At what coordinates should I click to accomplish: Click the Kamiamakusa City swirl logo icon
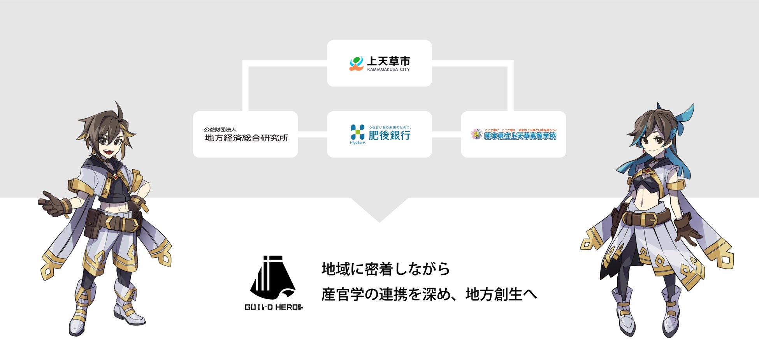coord(356,63)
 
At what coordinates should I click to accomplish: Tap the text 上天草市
coord(388,61)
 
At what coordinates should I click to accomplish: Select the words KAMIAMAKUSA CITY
coord(388,70)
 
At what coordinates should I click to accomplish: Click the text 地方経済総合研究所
coord(246,138)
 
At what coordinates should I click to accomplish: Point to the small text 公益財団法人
coord(220,129)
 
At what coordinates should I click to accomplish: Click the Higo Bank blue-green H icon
coord(357,132)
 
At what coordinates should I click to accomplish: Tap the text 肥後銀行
coord(389,135)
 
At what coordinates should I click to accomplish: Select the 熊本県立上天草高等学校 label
coord(520,136)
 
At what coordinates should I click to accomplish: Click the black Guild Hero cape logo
coord(273,277)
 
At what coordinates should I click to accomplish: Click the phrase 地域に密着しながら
coord(385,269)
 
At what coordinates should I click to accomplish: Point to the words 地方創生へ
coord(501,295)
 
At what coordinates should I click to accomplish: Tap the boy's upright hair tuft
coord(118,111)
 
